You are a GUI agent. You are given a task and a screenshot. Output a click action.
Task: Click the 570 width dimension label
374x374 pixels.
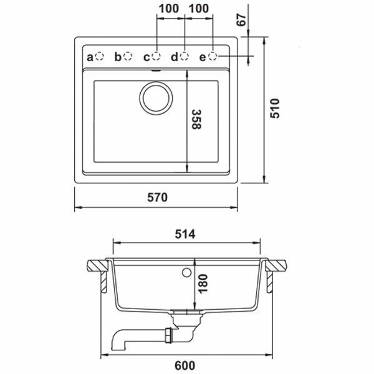[x=157, y=197]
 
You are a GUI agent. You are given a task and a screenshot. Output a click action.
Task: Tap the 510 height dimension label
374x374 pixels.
[x=274, y=108]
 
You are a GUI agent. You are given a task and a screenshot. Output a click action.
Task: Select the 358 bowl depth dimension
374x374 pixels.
[x=196, y=119]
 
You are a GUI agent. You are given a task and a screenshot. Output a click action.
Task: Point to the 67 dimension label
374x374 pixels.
[x=241, y=20]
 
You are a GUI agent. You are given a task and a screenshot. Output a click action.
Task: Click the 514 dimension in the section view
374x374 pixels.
[x=185, y=234]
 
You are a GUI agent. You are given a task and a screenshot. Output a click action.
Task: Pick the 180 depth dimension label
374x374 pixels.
[x=203, y=284]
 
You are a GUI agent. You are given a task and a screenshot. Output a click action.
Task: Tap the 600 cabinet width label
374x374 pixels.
[x=185, y=365]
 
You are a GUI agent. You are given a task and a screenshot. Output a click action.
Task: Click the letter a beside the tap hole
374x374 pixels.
[x=90, y=57]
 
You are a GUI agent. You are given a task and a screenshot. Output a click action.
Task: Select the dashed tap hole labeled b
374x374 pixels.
[x=128, y=56]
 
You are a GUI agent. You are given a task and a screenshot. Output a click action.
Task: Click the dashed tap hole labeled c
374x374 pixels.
[x=156, y=56]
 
